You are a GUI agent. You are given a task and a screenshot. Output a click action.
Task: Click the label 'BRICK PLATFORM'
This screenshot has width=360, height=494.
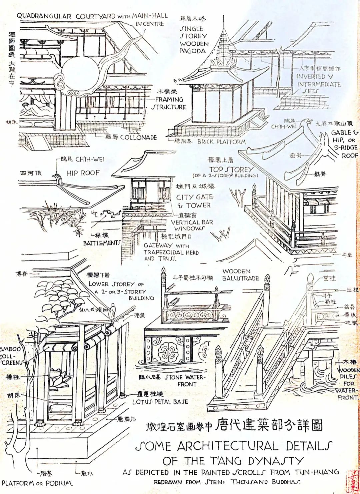click(x=221, y=142)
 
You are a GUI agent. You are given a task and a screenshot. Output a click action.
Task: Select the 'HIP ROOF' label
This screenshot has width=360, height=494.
click(x=83, y=173)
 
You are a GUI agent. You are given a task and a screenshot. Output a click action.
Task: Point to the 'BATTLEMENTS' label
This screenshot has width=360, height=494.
click(x=101, y=243)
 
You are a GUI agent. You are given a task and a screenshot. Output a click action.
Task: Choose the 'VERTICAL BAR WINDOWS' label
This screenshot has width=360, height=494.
click(x=192, y=225)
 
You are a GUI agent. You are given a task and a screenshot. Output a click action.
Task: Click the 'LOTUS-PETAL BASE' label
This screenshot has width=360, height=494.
click(x=160, y=402)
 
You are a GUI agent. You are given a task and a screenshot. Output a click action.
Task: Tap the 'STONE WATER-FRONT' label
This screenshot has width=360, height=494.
click(x=185, y=380)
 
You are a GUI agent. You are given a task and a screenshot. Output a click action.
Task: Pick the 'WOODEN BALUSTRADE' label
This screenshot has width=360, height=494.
click(x=240, y=275)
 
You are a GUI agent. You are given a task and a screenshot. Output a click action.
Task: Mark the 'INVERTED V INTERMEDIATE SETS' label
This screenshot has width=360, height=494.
click(x=318, y=84)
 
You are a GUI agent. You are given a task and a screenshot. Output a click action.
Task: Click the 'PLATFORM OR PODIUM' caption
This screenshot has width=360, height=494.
click(x=37, y=483)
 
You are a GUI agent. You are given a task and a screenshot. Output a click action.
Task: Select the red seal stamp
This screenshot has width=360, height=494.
click(x=352, y=482)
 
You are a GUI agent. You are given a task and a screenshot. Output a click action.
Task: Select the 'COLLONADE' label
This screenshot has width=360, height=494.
click(x=138, y=137)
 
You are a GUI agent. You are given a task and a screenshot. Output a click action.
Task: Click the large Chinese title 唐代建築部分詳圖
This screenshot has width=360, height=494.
click(x=269, y=425)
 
